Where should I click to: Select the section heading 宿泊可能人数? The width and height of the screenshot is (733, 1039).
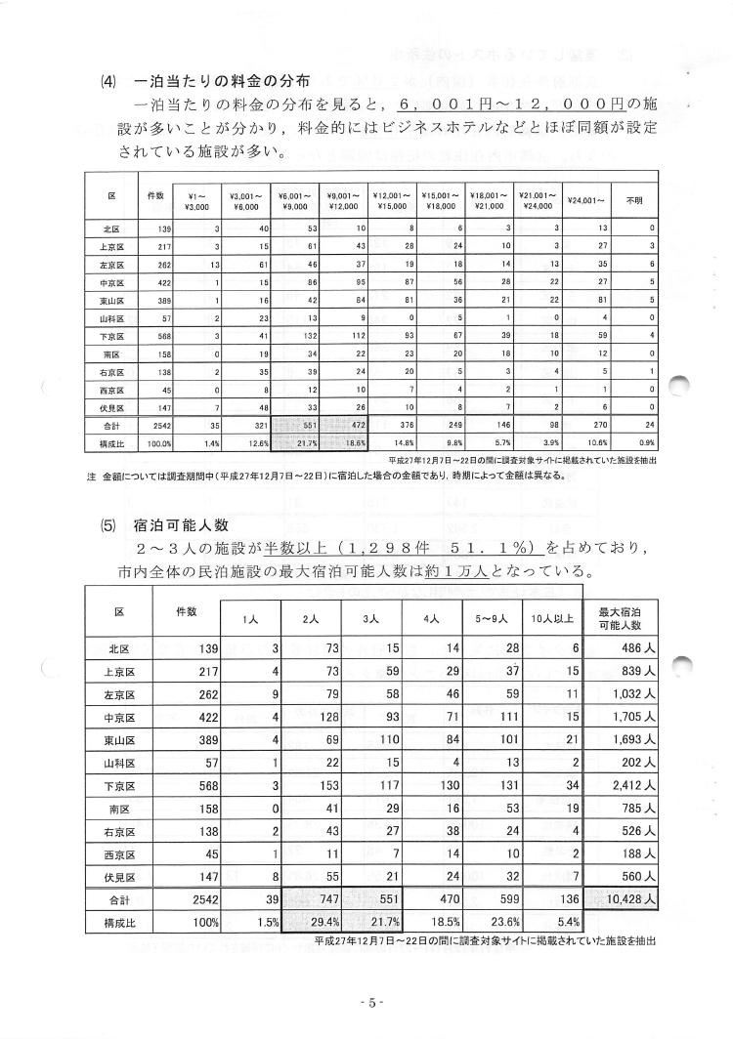[x=182, y=524]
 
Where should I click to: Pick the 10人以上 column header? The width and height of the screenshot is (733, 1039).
[x=554, y=620]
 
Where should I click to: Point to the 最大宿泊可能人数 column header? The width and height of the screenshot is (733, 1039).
[x=622, y=619]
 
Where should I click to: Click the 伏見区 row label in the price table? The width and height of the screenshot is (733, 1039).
[x=110, y=405]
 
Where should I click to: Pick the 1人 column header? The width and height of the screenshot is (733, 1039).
[x=251, y=620]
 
